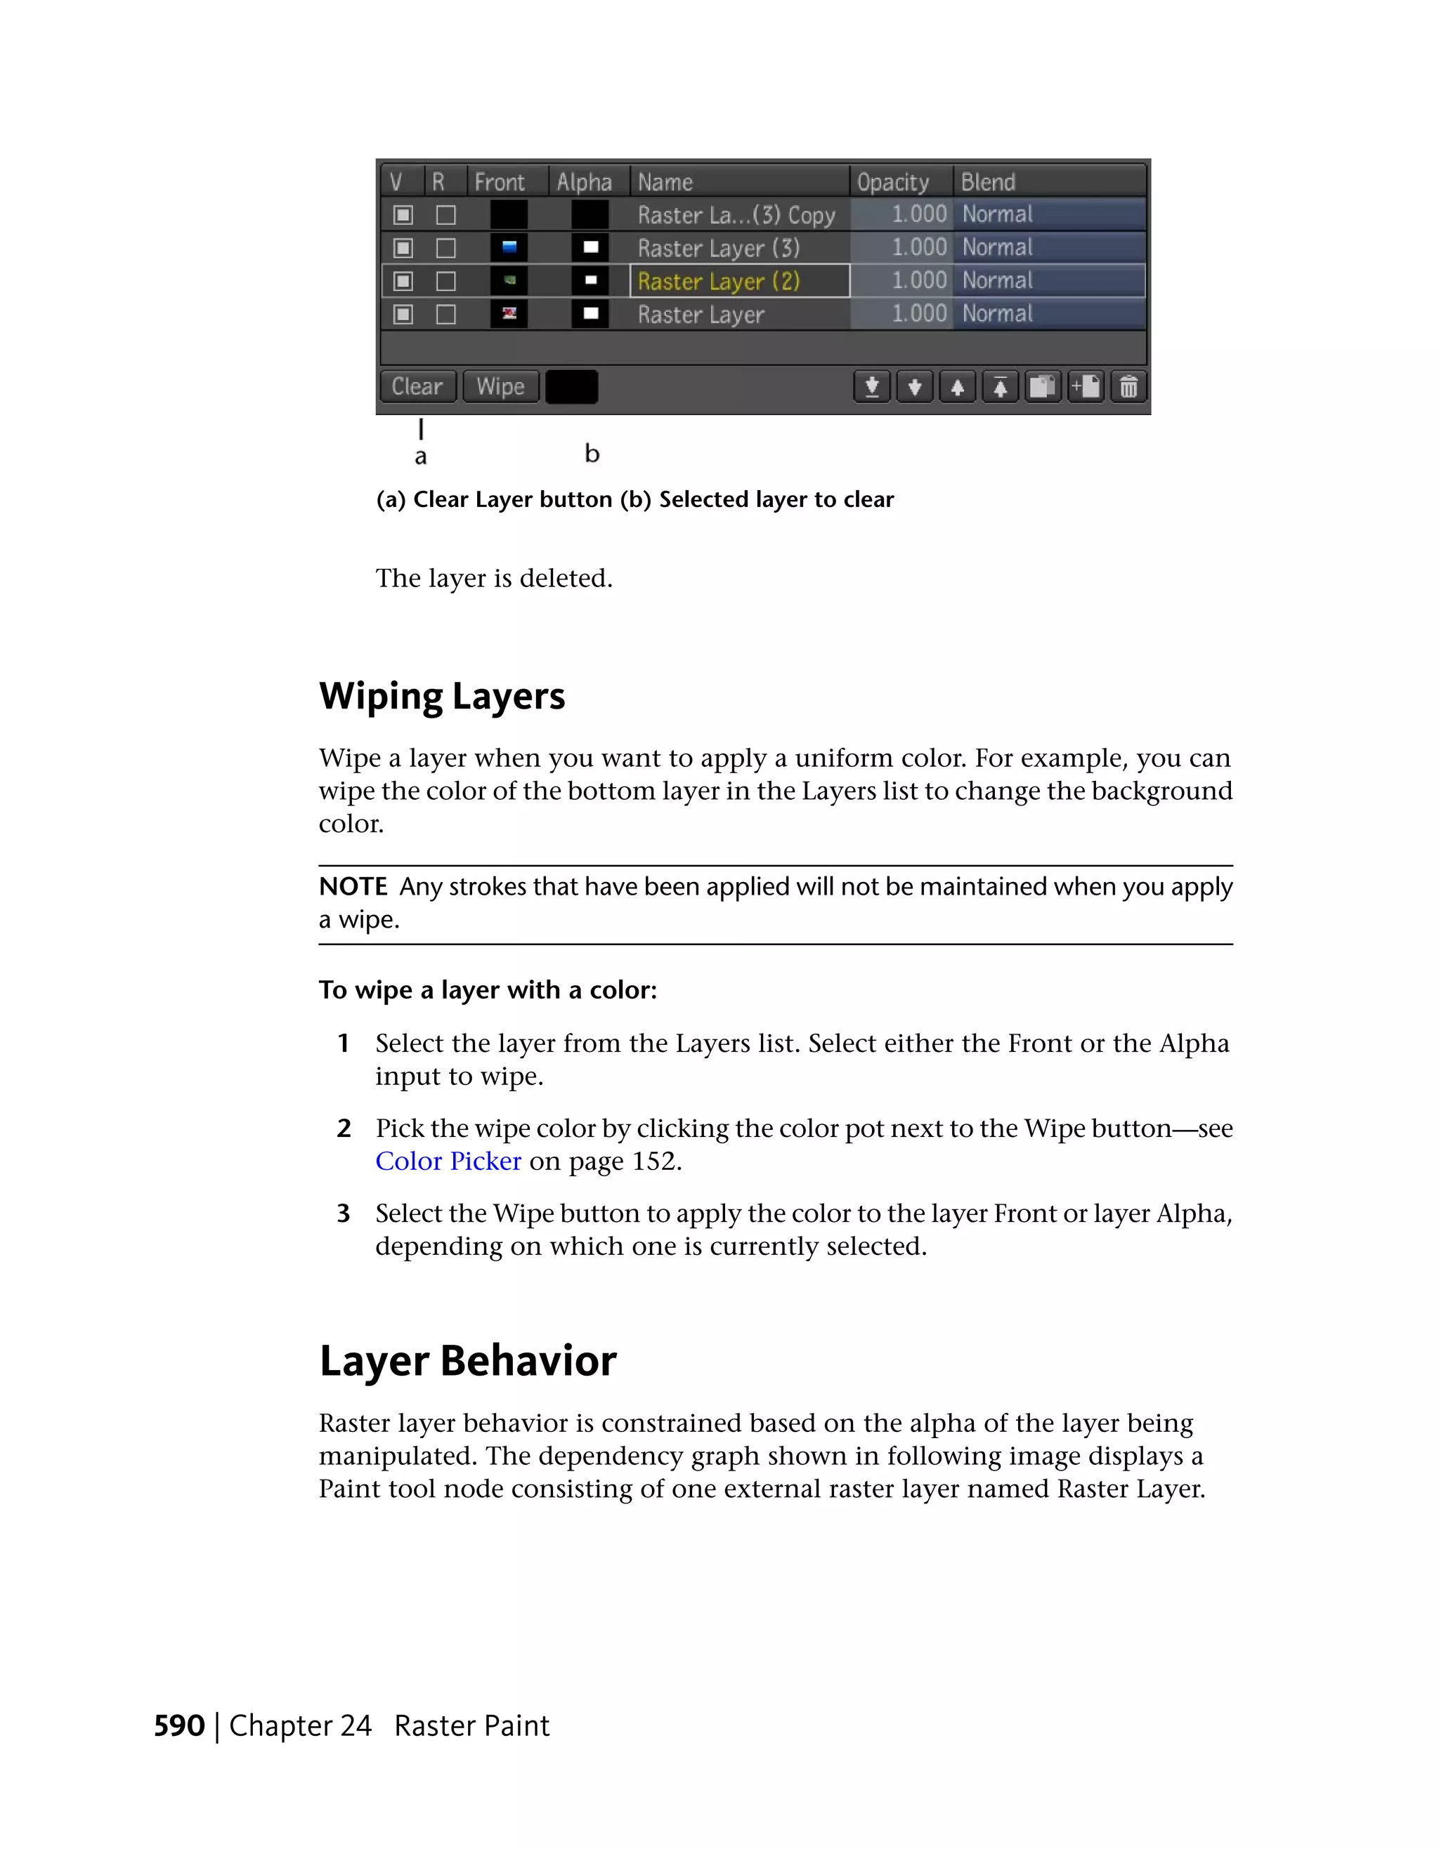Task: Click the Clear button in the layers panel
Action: (x=417, y=387)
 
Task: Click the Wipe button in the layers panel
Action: (x=500, y=387)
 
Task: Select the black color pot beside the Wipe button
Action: (x=572, y=387)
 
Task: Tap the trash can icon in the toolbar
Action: (x=1128, y=387)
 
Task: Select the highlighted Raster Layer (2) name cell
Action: (x=738, y=281)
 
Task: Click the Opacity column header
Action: (x=893, y=182)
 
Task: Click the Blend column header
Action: (x=988, y=182)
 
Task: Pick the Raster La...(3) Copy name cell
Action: (x=737, y=215)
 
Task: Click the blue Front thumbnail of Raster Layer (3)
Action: (x=509, y=248)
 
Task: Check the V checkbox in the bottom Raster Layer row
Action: (x=403, y=315)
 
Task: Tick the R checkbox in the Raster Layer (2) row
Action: (x=445, y=281)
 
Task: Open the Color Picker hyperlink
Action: (x=448, y=1161)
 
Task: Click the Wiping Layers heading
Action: (x=441, y=696)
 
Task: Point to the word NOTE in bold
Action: (x=352, y=886)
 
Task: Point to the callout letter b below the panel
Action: (x=592, y=454)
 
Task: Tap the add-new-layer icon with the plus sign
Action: (x=1085, y=387)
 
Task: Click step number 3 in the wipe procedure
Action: (x=343, y=1214)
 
